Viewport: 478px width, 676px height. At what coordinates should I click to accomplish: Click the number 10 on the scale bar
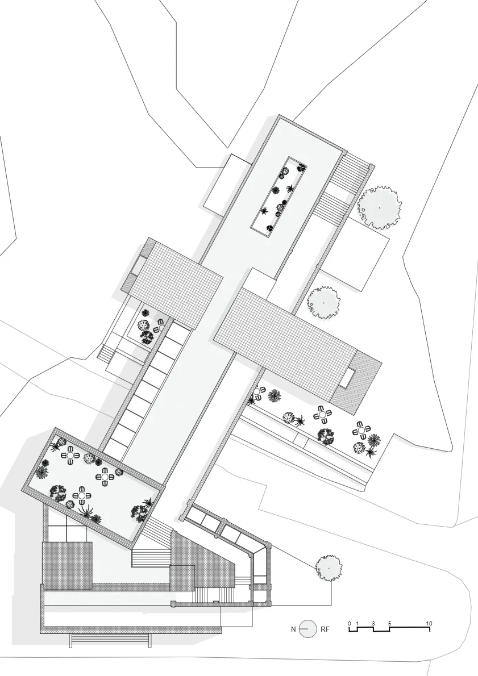429,623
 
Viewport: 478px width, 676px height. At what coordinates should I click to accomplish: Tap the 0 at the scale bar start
350,623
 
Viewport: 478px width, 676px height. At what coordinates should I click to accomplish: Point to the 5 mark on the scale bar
389,623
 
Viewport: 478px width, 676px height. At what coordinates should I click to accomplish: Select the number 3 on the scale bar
373,623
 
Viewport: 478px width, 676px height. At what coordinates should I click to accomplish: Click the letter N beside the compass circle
293,629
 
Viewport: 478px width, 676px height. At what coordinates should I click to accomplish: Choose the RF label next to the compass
325,629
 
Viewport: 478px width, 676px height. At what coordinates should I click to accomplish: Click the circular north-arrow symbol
308,629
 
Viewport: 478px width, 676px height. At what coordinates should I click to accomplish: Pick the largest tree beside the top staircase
380,207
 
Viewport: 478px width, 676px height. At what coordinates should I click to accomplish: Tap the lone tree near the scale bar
329,568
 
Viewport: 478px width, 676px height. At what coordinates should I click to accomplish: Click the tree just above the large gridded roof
323,303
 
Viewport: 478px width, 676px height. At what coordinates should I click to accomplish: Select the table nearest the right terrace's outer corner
361,430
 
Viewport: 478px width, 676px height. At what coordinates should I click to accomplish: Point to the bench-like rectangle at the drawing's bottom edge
111,641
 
